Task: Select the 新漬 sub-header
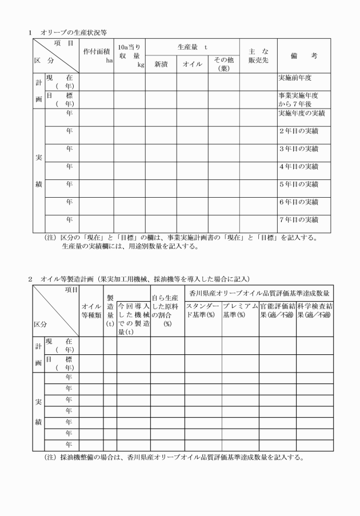tap(165, 64)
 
